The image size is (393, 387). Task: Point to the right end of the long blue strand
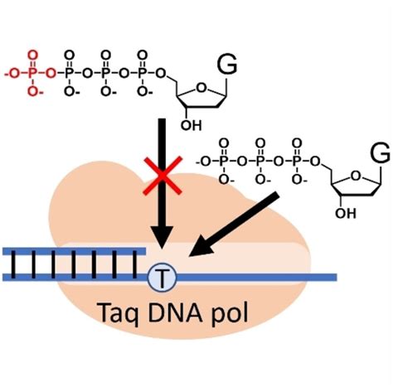click(335, 276)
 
